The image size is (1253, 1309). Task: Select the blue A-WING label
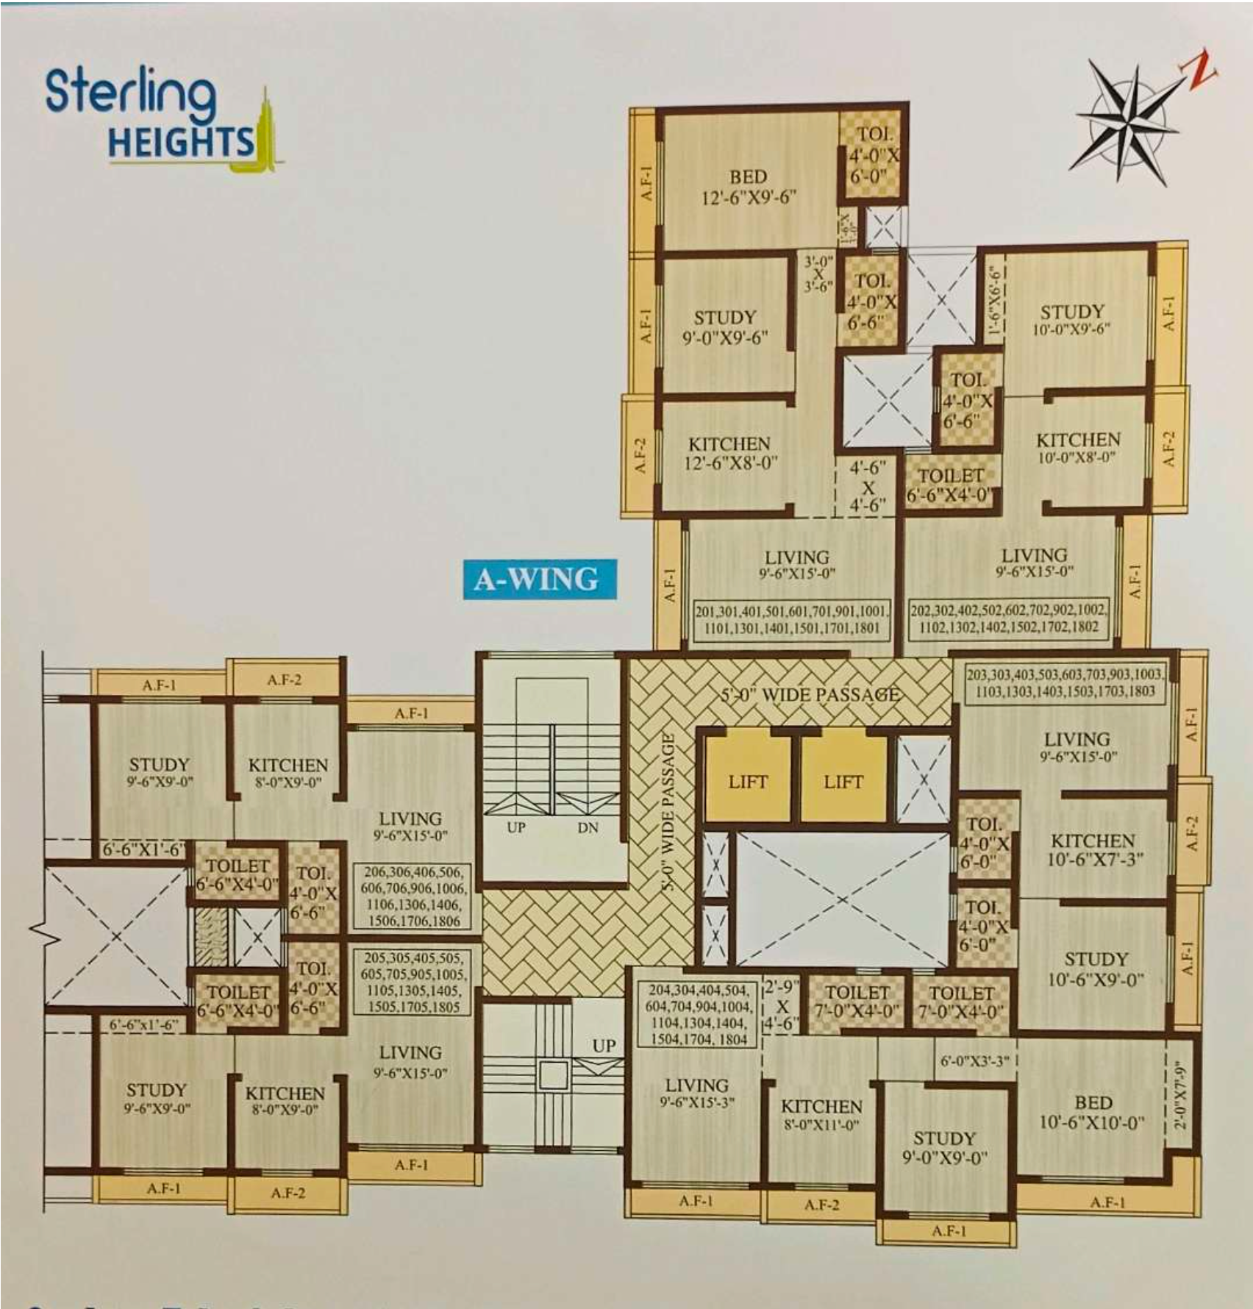[x=539, y=579]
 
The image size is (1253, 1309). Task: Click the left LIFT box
[x=748, y=781]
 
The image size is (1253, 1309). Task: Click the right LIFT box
[x=843, y=781]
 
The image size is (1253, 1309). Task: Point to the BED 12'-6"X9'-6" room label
[x=748, y=187]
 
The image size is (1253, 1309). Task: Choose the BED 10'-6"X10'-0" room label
[x=1092, y=1112]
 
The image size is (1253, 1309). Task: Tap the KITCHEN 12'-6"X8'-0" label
[x=729, y=453]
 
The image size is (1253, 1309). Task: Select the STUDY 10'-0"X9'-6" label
[x=1071, y=320]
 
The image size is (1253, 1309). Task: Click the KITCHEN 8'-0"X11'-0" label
[x=821, y=1115]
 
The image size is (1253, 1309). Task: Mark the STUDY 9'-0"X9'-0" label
[x=944, y=1148]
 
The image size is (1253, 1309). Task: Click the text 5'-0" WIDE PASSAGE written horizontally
[x=809, y=694]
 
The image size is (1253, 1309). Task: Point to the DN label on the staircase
[x=588, y=828]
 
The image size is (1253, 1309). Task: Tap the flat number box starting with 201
[x=791, y=619]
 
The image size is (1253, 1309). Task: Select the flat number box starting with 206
[x=412, y=896]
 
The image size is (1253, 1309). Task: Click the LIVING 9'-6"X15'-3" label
[x=696, y=1093]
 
